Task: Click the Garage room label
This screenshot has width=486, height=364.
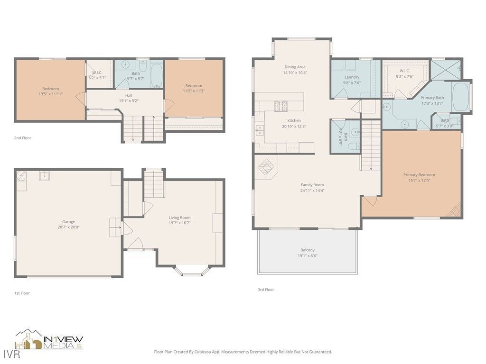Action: [x=68, y=222]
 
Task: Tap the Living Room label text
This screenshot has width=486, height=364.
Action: [x=179, y=218]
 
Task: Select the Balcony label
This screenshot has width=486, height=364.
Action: [x=308, y=250]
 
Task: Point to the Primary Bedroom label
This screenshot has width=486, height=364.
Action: [x=419, y=174]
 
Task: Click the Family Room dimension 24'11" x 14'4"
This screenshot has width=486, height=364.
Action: [x=312, y=191]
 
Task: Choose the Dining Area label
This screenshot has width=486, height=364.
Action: [x=295, y=67]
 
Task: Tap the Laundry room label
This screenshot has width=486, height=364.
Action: [x=352, y=77]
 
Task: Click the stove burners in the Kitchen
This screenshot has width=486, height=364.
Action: [x=280, y=106]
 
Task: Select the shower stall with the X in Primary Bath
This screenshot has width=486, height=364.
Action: [x=446, y=69]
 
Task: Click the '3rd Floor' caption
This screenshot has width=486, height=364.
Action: [x=266, y=290]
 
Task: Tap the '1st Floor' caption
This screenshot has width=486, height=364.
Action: [x=22, y=293]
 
